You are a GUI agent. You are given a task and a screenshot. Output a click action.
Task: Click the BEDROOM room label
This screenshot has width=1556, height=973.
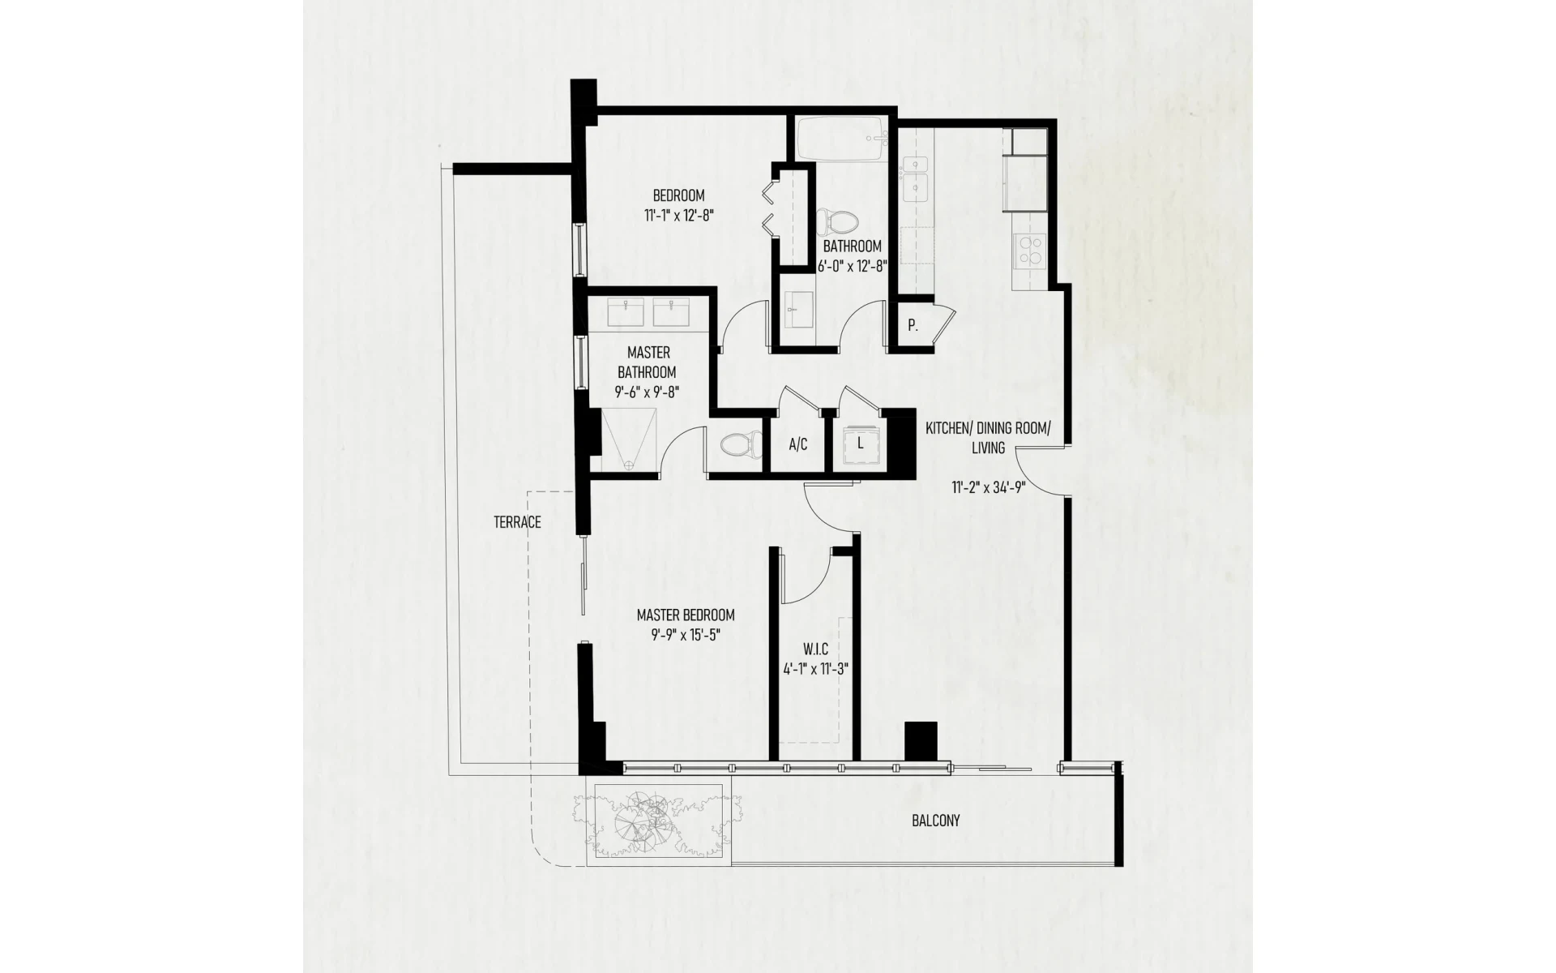(x=678, y=195)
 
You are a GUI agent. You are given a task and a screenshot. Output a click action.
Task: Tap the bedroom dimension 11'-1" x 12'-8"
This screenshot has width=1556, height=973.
(x=678, y=216)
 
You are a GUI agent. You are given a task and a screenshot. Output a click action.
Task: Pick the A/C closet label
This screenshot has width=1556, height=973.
(x=798, y=444)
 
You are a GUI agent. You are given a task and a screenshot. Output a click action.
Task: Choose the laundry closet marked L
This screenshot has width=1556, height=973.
(x=860, y=444)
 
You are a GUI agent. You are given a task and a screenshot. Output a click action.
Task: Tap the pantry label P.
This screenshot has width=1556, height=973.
(x=913, y=326)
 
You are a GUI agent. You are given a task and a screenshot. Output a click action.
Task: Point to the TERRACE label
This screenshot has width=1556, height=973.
(x=517, y=522)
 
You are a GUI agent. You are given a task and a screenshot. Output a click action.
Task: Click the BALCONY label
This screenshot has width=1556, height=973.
(x=935, y=821)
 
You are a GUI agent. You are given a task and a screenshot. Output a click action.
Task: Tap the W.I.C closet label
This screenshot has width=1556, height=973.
(x=815, y=649)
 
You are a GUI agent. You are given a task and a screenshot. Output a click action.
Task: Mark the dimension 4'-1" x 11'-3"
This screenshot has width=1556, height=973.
(x=815, y=670)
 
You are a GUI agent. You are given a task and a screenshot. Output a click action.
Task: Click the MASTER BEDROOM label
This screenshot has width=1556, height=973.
(x=686, y=615)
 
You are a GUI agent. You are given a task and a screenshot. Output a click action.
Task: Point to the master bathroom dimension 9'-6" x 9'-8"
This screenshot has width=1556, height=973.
(x=647, y=393)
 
